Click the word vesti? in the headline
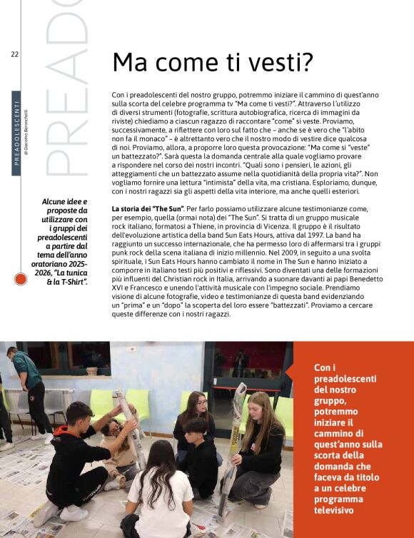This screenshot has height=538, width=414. point(278,63)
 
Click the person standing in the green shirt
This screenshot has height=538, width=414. point(26,385)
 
